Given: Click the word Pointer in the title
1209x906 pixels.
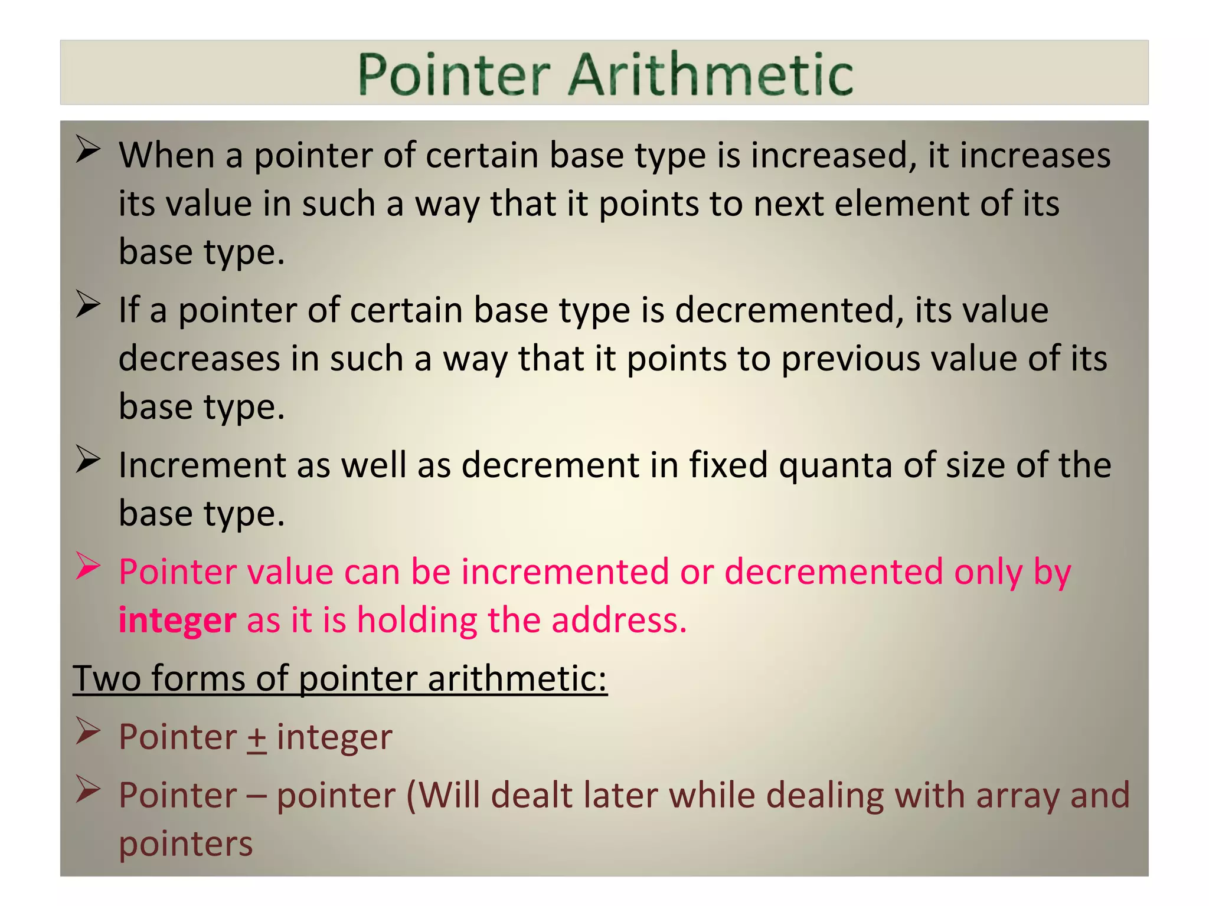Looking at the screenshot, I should (x=454, y=75).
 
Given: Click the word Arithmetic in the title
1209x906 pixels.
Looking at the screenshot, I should (x=711, y=75).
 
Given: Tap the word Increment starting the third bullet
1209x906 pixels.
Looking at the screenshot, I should (x=202, y=465).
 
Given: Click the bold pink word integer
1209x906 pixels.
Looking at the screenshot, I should (x=177, y=621).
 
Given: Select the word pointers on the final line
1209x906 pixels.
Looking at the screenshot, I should (x=185, y=844).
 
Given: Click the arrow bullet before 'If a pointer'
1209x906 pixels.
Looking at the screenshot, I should (x=88, y=306).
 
